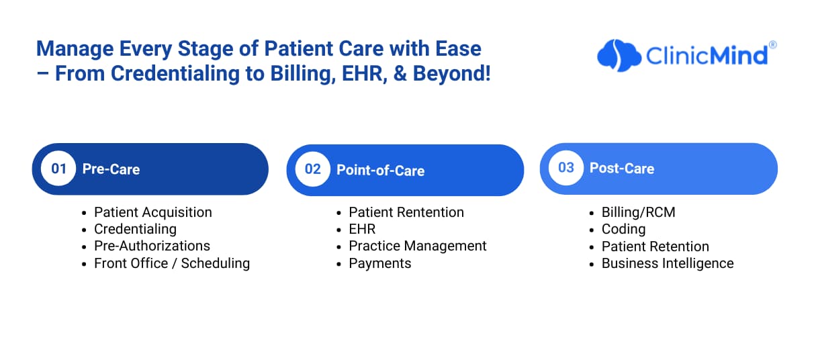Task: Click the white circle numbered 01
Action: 58,169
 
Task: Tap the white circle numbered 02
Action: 312,169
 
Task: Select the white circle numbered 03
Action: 566,168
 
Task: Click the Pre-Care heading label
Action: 111,169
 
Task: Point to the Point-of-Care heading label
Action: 381,171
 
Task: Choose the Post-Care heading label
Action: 622,168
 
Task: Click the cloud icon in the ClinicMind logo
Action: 619,55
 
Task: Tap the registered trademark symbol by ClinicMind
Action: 773,45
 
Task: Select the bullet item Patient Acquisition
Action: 153,212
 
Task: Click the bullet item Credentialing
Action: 135,229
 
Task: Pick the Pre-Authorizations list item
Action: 152,246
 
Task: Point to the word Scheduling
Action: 216,263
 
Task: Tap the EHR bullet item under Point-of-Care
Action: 362,229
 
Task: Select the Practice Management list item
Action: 418,246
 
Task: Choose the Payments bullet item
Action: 379,263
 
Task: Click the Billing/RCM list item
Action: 639,212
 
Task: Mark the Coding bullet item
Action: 623,229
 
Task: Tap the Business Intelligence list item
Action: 668,263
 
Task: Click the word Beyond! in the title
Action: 452,73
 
